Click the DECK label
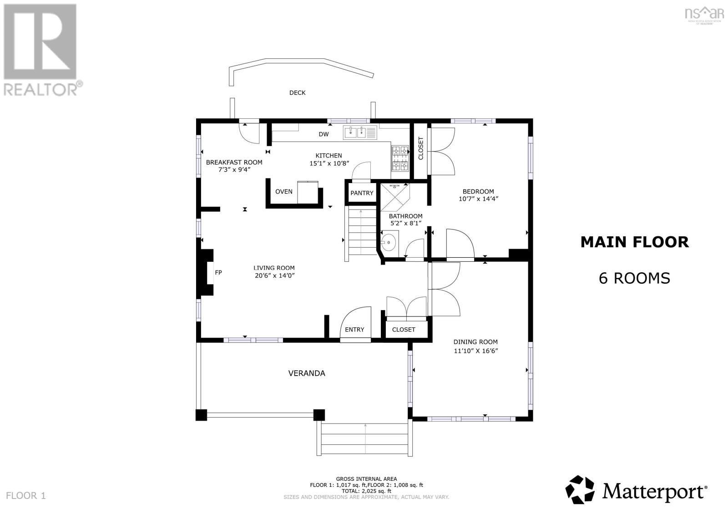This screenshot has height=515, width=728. tap(297, 93)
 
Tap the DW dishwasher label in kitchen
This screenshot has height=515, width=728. tap(324, 134)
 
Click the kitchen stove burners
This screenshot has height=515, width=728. tap(400, 158)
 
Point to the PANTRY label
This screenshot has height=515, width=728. tap(362, 193)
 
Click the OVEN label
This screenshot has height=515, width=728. tap(283, 192)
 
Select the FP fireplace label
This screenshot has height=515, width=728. tap(218, 273)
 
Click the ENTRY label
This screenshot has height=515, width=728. tap(354, 330)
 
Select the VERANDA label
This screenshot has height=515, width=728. tap(307, 373)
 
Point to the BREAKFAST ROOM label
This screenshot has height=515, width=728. tap(234, 162)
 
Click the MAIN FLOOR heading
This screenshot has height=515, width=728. tap(634, 242)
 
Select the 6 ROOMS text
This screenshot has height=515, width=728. tap(634, 278)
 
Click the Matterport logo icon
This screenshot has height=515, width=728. tap(580, 490)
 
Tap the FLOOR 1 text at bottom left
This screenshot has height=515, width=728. tap(26, 495)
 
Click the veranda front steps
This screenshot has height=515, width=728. tap(365, 439)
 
